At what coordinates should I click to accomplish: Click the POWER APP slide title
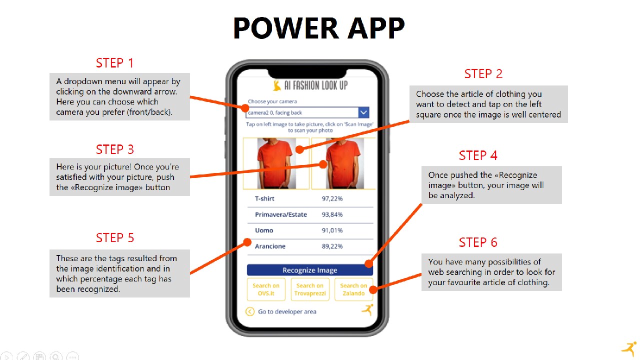pos(319,27)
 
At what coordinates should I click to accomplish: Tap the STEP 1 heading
pos(114,63)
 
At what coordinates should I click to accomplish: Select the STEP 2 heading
pos(483,73)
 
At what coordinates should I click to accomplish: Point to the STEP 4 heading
pos(478,155)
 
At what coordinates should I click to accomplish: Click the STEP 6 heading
pos(478,242)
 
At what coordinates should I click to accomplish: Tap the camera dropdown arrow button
pos(363,112)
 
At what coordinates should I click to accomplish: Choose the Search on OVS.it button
pos(266,289)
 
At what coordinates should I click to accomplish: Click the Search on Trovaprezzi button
pos(310,289)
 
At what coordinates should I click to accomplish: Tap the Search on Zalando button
pos(353,289)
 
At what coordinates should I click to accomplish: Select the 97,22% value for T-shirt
pos(332,198)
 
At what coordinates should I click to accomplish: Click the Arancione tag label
pos(270,246)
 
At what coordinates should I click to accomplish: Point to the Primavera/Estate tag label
pos(281,214)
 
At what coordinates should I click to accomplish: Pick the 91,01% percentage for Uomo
pos(332,230)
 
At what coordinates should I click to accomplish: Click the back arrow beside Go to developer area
pos(250,311)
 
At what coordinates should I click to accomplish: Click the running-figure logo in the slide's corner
pos(629,349)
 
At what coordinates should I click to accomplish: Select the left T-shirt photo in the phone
pos(276,163)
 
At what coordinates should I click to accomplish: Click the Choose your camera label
pos(272,101)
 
